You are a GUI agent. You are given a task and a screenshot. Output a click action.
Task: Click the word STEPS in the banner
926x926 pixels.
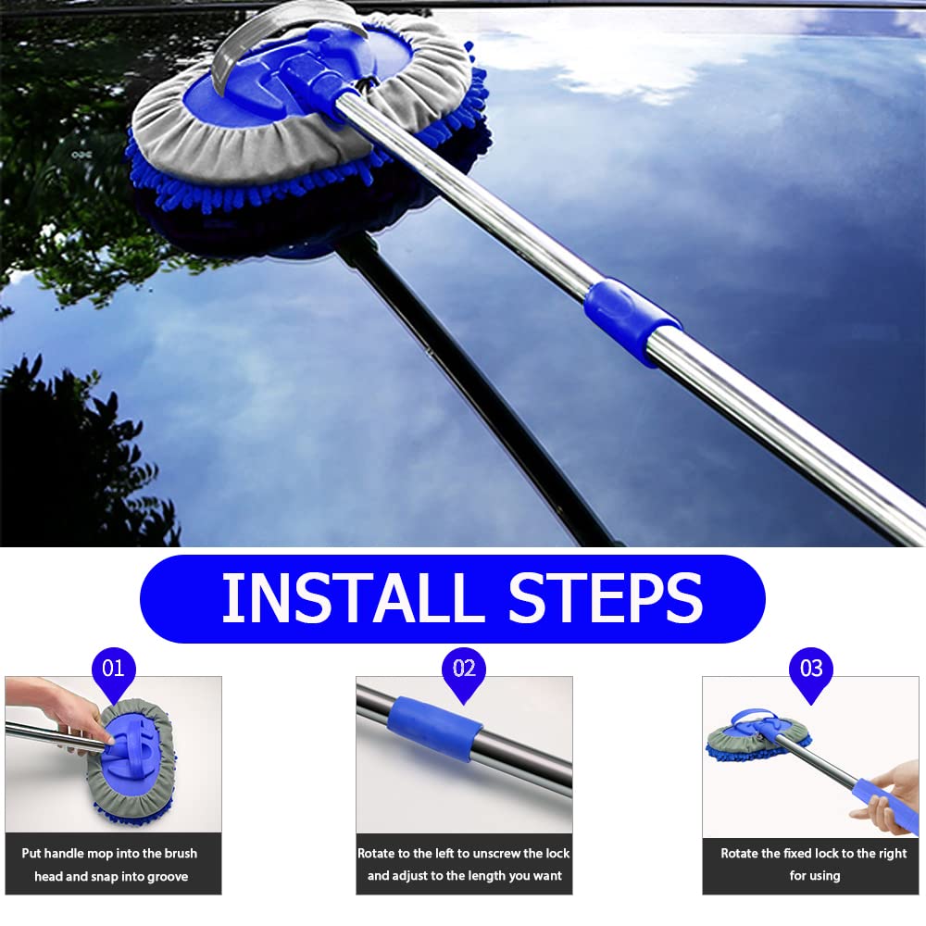coord(606,599)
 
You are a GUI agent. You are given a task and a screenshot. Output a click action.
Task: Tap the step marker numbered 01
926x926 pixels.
coord(113,669)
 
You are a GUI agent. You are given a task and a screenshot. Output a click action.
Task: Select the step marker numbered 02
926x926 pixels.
coord(464,669)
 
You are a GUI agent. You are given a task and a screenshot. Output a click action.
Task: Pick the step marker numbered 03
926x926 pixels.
coord(810,669)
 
